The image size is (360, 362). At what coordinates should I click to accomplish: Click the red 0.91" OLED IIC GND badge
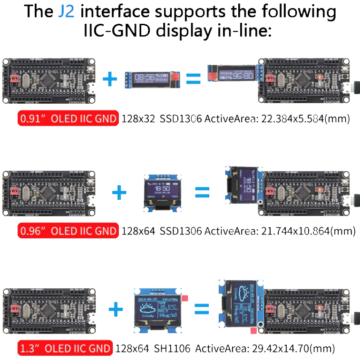[68, 118]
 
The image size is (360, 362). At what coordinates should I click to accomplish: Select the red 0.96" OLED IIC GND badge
[68, 231]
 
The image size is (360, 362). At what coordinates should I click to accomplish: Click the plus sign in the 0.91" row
[110, 78]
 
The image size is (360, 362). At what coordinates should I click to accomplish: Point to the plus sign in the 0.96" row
[119, 192]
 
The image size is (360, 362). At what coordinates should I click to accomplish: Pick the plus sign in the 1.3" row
[116, 310]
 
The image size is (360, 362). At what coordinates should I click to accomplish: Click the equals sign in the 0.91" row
[193, 78]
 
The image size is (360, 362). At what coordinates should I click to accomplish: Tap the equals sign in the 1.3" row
[201, 311]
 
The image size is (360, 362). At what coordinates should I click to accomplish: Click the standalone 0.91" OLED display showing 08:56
[152, 78]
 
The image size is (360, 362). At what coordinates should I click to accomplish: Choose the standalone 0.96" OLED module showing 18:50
[160, 191]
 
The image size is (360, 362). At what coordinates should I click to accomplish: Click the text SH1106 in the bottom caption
[172, 349]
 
